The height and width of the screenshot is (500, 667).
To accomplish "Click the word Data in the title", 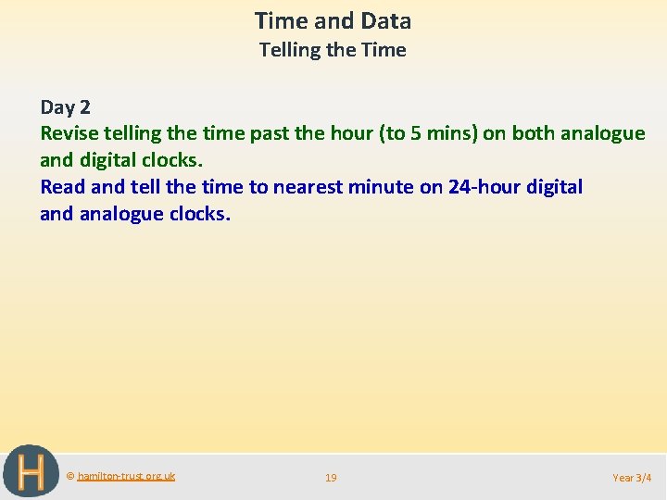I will (x=387, y=20).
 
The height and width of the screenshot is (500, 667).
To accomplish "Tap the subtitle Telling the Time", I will (x=333, y=50).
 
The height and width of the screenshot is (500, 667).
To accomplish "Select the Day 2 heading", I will (x=65, y=106).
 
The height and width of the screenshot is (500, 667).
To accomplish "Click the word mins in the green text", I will (x=451, y=133).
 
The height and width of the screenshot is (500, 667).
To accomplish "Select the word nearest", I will (x=308, y=187).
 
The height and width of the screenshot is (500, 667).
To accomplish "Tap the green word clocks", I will (x=171, y=160).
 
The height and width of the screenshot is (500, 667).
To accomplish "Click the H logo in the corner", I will (x=30, y=472).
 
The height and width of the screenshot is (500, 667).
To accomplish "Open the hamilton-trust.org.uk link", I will (x=126, y=476).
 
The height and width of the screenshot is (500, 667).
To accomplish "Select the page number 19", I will (x=331, y=478).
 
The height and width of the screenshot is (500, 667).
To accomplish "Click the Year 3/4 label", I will (x=632, y=478).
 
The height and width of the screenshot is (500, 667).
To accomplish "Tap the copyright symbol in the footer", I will (x=70, y=476).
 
